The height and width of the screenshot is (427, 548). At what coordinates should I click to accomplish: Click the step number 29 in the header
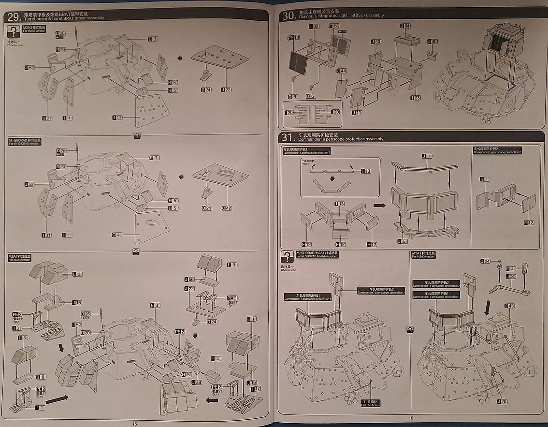coord(14,15)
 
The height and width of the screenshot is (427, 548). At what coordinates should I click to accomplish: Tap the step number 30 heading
coord(288,15)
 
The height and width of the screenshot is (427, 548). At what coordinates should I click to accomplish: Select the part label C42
coord(227,208)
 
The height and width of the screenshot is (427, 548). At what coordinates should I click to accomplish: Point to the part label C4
coord(117,235)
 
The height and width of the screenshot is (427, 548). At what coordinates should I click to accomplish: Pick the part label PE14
coord(293,37)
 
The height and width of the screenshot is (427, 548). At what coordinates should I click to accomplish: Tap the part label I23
coord(415,98)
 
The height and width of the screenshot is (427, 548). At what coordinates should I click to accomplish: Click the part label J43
coord(509,306)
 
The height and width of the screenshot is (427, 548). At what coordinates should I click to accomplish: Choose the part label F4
coord(510,268)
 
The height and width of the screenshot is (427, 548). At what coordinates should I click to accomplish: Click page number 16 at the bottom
coord(411,418)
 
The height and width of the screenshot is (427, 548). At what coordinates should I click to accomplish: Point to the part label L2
coord(77,274)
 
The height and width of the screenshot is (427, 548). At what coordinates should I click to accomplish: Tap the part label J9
coord(41,377)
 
